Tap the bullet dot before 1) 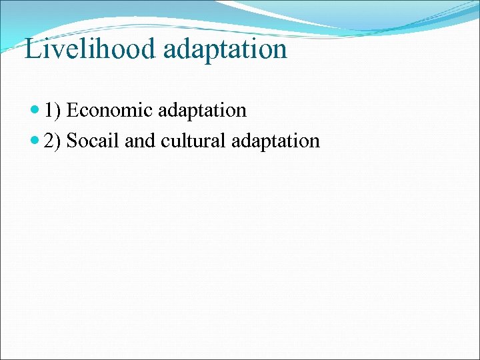coord(36,111)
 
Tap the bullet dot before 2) coord(36,141)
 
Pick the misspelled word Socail coord(93,141)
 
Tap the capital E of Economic coord(72,110)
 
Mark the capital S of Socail coord(72,141)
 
